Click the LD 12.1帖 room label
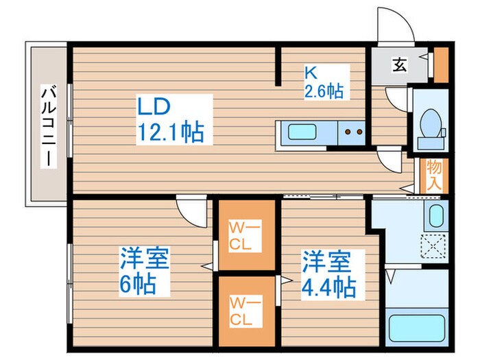tap(171, 119)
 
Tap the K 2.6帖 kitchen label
tap(324, 81)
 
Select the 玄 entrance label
tap(398, 65)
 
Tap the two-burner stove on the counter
tap(352, 131)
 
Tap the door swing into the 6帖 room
tap(191, 206)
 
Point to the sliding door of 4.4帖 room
tap(326, 196)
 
